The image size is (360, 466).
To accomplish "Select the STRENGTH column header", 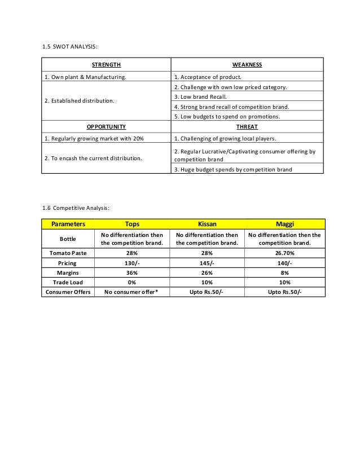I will pos(106,65).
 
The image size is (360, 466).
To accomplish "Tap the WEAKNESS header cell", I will pos(247,65).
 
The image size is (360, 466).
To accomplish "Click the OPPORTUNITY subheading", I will pos(106,127).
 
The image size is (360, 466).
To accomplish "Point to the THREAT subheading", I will pos(247,127).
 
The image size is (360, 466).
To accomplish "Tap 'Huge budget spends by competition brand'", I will pos(232,169).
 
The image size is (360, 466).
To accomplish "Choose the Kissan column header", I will pos(207,223).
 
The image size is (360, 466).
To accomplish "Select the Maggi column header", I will pos(284,223).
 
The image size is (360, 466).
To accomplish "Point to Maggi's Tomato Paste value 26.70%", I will pos(284,253).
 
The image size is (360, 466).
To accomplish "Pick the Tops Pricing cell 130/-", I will pos(131,263).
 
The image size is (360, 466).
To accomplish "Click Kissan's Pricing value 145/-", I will pos(207,263).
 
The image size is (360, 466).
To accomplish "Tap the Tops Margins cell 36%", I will pos(131,272).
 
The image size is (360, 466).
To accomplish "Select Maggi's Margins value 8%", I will pos(284,272).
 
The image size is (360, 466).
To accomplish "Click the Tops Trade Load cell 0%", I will pos(131,282).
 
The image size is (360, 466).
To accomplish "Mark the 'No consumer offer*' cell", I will pos(131,292).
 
